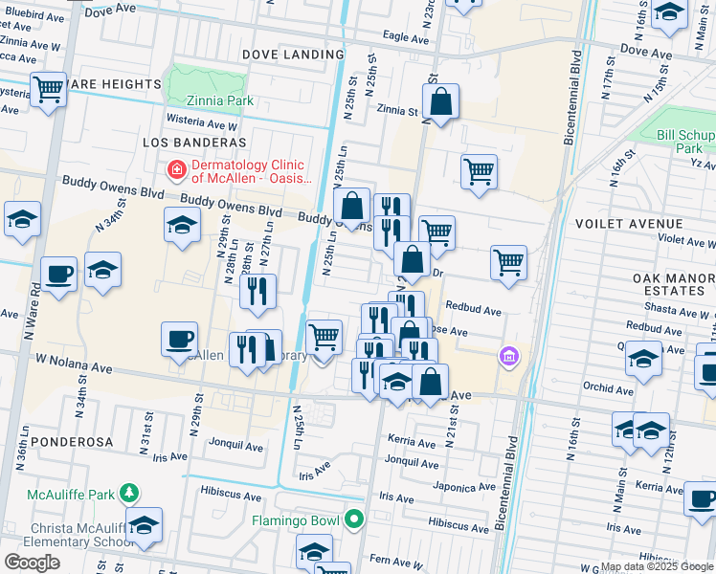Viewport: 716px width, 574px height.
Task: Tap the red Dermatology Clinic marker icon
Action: [x=176, y=171]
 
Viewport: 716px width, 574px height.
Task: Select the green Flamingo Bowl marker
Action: [x=354, y=521]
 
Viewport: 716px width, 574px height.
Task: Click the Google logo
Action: [x=33, y=562]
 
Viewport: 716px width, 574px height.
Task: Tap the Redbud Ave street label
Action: [x=473, y=311]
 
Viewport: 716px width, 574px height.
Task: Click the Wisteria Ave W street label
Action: [x=201, y=124]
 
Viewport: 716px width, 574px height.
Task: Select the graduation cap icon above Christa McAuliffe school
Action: [x=144, y=525]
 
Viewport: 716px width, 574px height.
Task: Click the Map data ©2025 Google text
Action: [x=658, y=566]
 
